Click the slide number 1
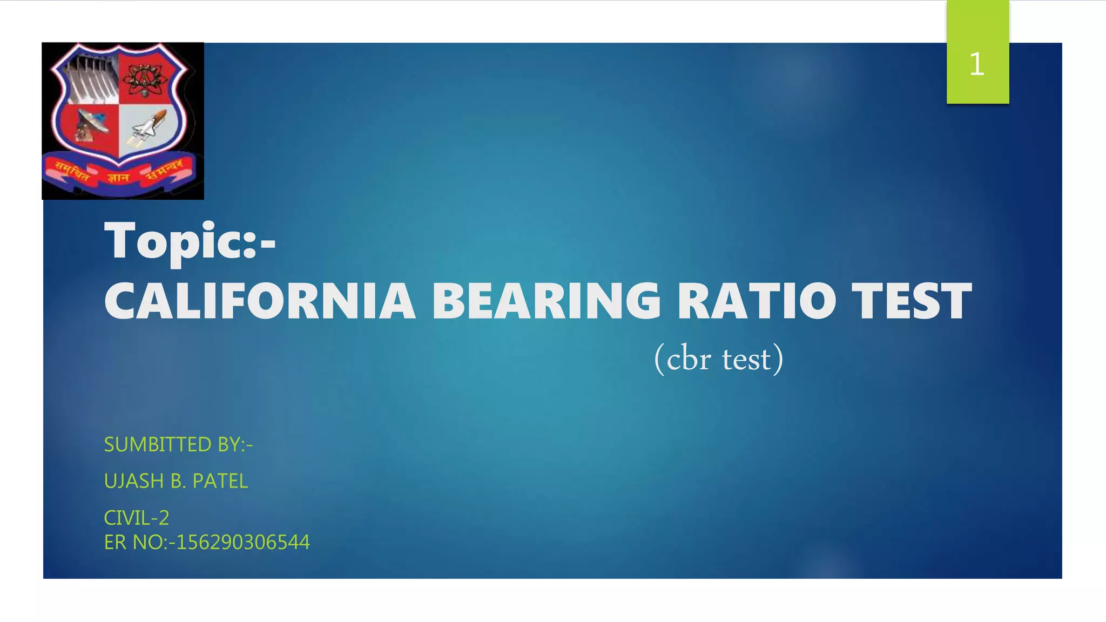point(976,64)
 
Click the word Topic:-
point(190,241)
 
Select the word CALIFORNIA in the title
point(260,301)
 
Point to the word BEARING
point(546,301)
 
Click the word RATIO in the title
point(756,301)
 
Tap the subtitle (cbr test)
point(718,359)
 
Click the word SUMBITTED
point(157,444)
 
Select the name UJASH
point(134,481)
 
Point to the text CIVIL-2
point(137,518)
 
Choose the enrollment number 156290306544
point(243,542)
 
